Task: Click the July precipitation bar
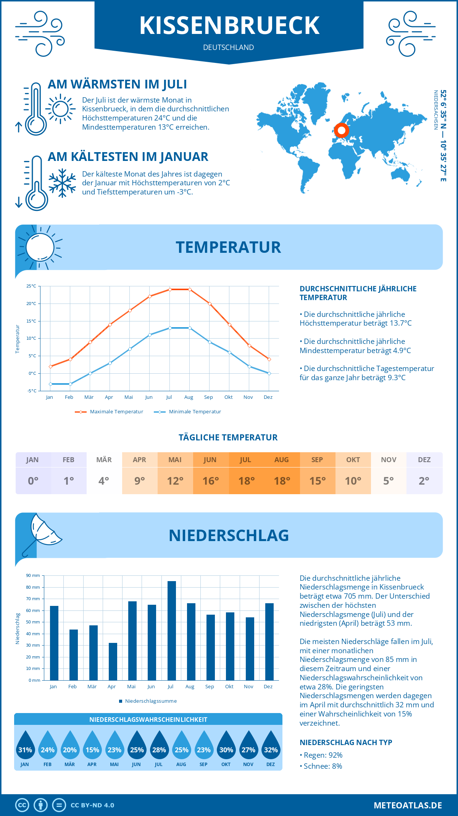coord(172,631)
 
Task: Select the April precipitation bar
coord(113,662)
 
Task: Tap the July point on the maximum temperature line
coord(170,289)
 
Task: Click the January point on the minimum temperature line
coord(50,384)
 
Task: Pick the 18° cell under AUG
coord(282,481)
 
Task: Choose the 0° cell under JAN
coord(33,481)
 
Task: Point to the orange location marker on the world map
coord(342,130)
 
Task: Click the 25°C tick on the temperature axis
coord(31,286)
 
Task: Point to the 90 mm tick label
coord(33,575)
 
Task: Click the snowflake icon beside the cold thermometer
coord(62,183)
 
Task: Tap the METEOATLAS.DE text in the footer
coord(408,805)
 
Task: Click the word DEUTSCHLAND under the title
coord(229,47)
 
